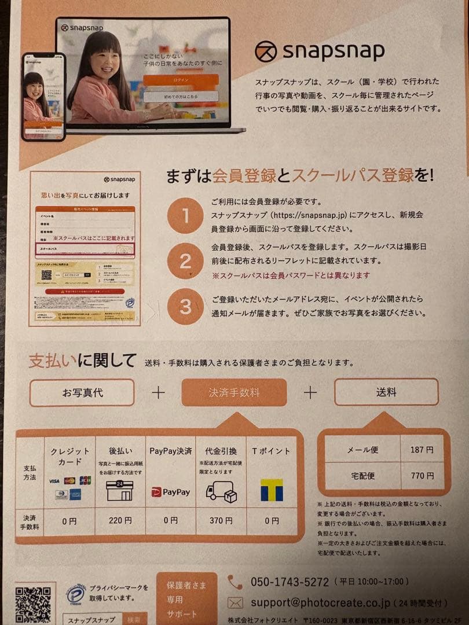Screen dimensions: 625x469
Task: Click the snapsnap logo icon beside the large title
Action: pyautogui.click(x=266, y=52)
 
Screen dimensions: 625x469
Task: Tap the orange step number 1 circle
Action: pyautogui.click(x=185, y=216)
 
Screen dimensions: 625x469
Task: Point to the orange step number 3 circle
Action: pyautogui.click(x=185, y=306)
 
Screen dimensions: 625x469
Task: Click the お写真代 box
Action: pyautogui.click(x=82, y=392)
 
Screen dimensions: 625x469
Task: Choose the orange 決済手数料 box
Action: pyautogui.click(x=234, y=392)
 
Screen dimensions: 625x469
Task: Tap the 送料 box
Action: pyautogui.click(x=386, y=392)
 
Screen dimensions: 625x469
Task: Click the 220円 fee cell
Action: pyautogui.click(x=120, y=521)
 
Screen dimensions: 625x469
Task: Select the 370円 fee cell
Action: pyautogui.click(x=221, y=521)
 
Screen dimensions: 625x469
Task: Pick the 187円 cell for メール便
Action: pyautogui.click(x=422, y=450)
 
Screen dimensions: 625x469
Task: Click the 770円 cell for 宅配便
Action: pyautogui.click(x=422, y=476)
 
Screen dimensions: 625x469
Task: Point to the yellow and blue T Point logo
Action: pyautogui.click(x=271, y=490)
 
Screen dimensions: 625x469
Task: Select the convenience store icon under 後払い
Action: pyautogui.click(x=120, y=491)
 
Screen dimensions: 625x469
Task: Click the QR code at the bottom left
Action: pyautogui.click(x=32, y=604)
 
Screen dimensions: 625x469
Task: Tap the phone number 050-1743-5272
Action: pyautogui.click(x=290, y=582)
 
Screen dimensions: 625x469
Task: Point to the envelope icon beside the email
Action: pyautogui.click(x=235, y=602)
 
